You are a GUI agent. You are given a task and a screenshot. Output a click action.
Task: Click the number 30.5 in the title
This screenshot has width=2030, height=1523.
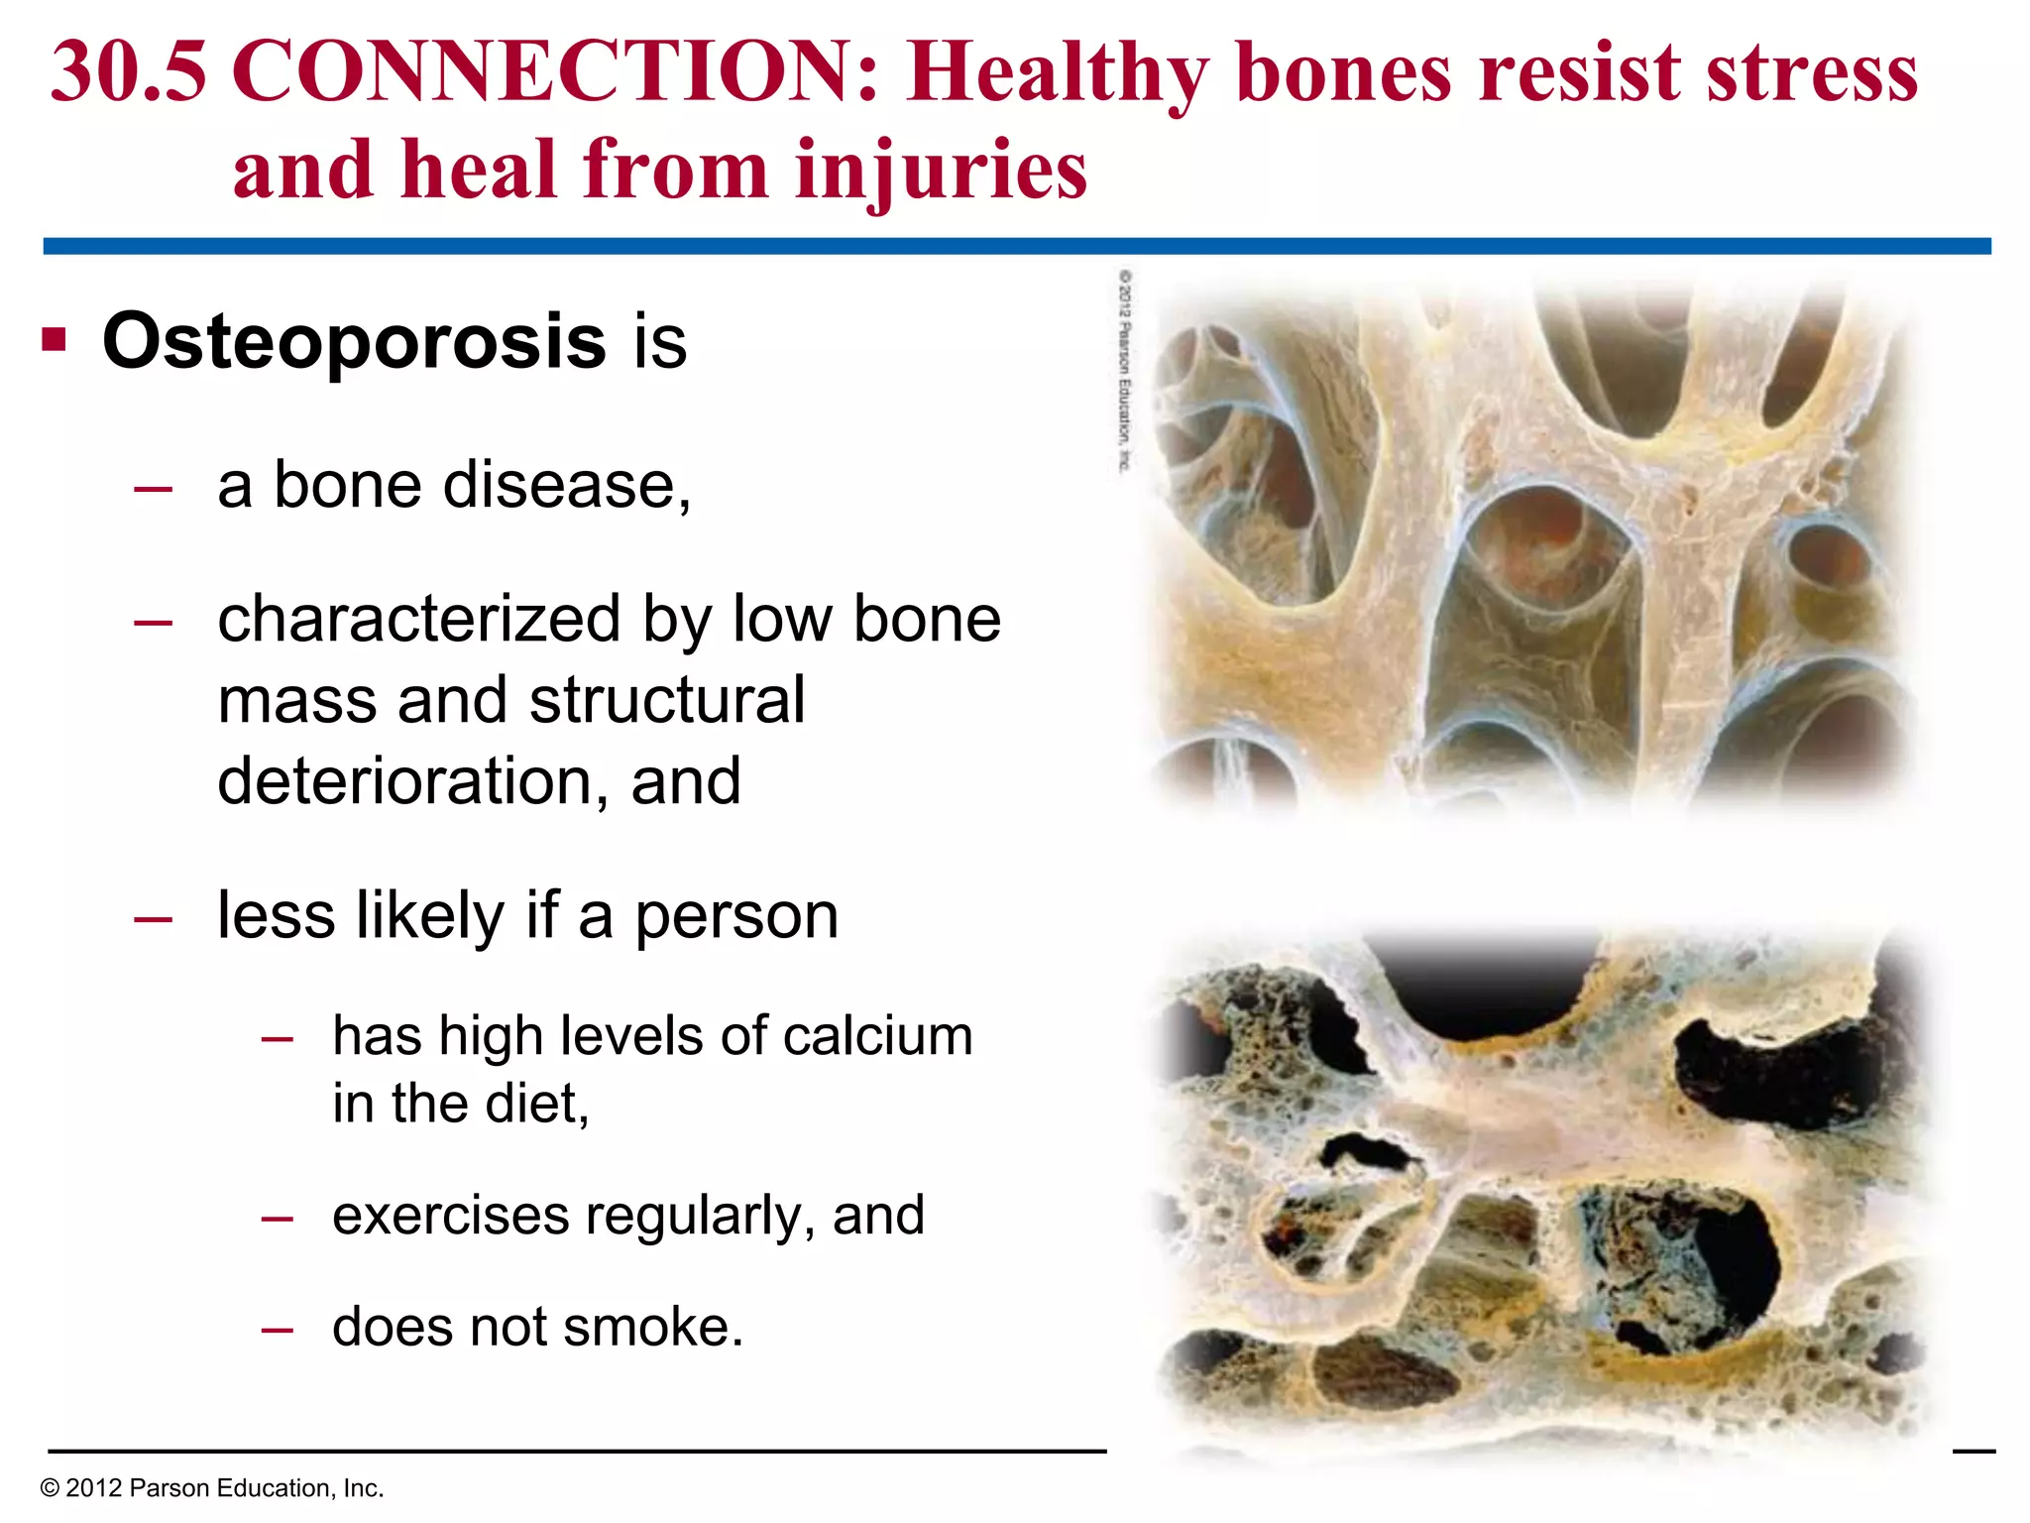tap(129, 73)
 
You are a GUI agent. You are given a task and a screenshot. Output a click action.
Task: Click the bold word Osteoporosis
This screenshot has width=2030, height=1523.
tap(354, 341)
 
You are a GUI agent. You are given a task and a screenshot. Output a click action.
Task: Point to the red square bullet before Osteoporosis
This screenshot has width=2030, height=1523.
tap(55, 340)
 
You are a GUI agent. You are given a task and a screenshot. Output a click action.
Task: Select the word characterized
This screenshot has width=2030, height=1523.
tap(418, 621)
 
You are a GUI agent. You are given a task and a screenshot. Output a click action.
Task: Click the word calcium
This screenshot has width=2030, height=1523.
tap(877, 1036)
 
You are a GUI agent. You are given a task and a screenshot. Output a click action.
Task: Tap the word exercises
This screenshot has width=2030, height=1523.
tap(450, 1216)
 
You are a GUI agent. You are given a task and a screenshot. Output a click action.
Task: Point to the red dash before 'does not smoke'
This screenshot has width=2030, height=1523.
tap(277, 1330)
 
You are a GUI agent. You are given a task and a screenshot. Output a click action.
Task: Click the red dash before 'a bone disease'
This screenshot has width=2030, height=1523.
tap(153, 488)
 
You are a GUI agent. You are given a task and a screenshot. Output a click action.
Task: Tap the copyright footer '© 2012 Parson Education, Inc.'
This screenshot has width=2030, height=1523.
tap(211, 1488)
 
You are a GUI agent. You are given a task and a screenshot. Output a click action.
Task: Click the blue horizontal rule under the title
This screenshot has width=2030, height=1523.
tap(1017, 246)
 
